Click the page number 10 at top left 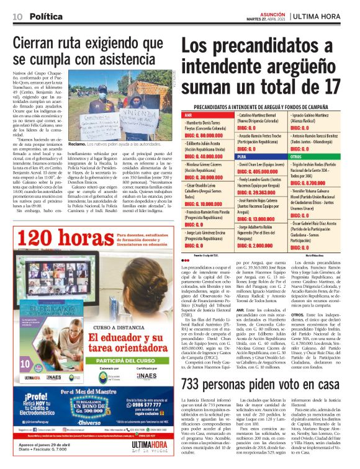pyautogui.click(x=17, y=15)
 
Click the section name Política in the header pyautogui.click(x=47, y=15)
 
